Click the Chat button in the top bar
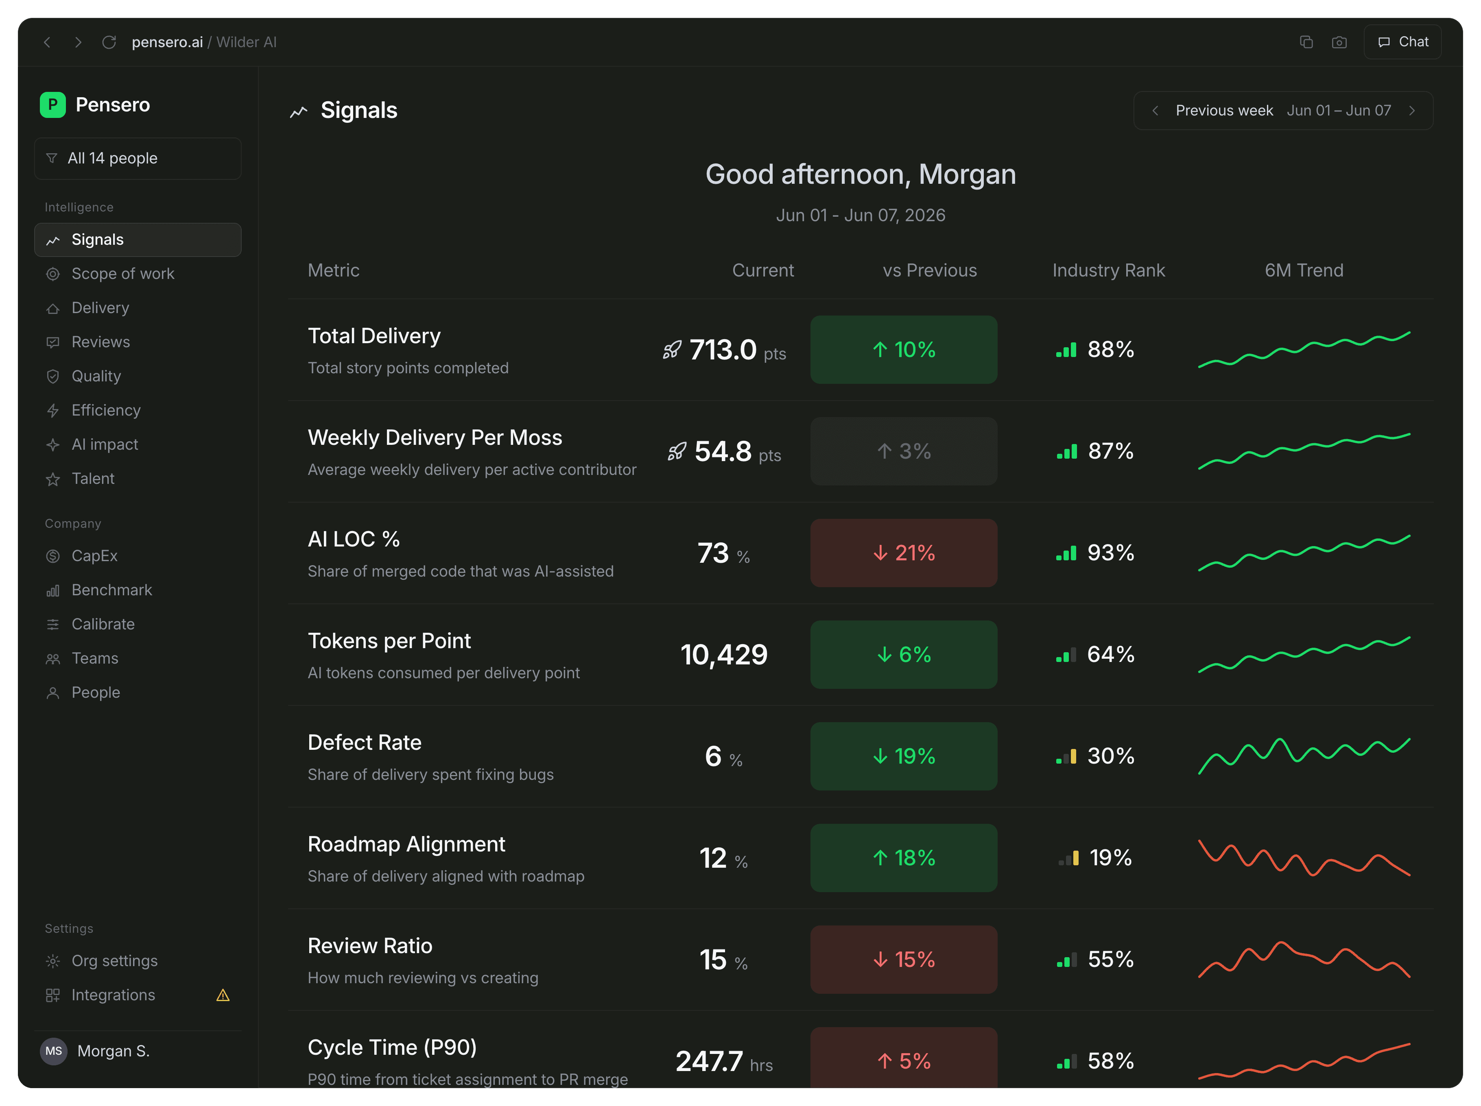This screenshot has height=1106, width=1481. pyautogui.click(x=1402, y=42)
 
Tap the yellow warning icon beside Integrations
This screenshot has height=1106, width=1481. pyautogui.click(x=223, y=995)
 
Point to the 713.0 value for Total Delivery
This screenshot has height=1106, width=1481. pyautogui.click(x=723, y=350)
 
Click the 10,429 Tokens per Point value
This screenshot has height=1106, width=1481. pyautogui.click(x=724, y=655)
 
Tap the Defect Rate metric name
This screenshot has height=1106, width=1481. pyautogui.click(x=364, y=742)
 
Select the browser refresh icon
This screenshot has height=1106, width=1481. pyautogui.click(x=109, y=42)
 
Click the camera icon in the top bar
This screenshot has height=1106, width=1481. pyautogui.click(x=1339, y=42)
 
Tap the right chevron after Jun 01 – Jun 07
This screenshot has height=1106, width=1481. pyautogui.click(x=1412, y=111)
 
